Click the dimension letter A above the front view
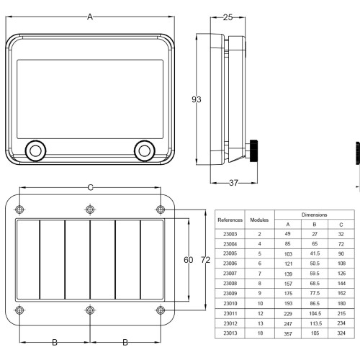click(x=90, y=17)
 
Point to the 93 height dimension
click(x=197, y=99)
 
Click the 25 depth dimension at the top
click(x=228, y=17)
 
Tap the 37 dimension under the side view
click(x=233, y=183)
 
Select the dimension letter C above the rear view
click(x=90, y=187)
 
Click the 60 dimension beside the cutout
click(x=189, y=260)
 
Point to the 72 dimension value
click(x=205, y=260)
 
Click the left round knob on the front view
click(x=35, y=151)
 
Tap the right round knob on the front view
click(x=145, y=151)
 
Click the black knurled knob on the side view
click(x=254, y=150)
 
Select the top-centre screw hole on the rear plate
click(x=90, y=210)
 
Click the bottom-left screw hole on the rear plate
click(x=19, y=310)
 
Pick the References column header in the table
click(x=230, y=220)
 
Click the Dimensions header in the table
click(x=314, y=215)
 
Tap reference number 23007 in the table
click(x=230, y=274)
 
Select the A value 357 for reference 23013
click(x=288, y=333)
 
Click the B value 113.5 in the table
click(x=315, y=323)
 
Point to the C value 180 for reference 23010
click(x=341, y=303)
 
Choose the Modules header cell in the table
click(x=259, y=220)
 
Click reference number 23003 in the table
click(x=230, y=234)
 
